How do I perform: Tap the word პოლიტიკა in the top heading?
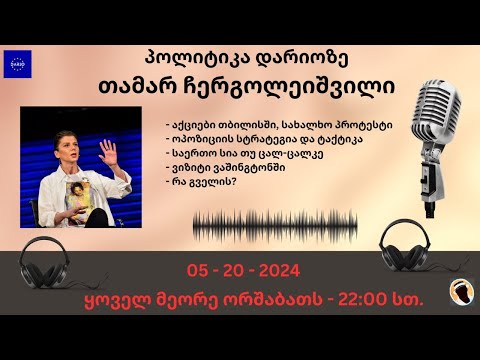[182, 57]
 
